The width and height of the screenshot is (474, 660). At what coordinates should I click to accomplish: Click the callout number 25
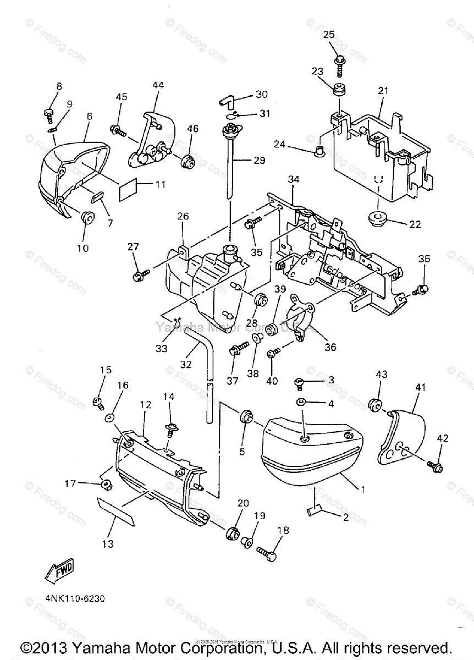[328, 34]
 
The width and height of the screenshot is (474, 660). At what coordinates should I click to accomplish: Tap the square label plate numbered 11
[133, 189]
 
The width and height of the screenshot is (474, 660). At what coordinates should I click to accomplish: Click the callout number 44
[158, 85]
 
